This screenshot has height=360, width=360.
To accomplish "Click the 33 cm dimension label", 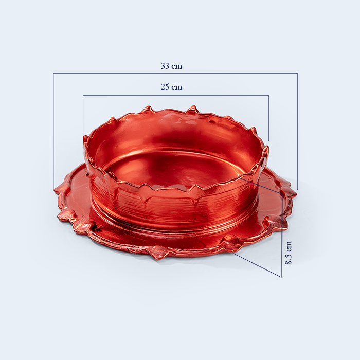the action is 171,66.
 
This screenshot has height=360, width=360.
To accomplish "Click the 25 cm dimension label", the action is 171,87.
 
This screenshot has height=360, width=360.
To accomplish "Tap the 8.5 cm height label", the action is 289,253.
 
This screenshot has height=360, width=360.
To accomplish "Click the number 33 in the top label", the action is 165,66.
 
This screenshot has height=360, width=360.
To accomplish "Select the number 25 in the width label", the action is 165,87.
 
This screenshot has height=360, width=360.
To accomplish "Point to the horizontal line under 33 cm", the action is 175,73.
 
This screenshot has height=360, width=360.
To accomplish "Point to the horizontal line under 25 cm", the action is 176,95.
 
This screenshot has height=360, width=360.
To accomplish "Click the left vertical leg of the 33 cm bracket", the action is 53,131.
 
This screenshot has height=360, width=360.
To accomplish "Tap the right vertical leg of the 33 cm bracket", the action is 298,132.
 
